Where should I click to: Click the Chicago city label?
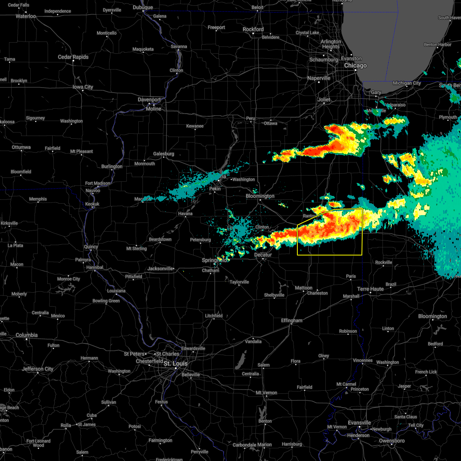[355, 66]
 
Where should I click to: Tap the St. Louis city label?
[176, 363]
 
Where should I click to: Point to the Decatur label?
[263, 255]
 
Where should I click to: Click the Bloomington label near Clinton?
[260, 196]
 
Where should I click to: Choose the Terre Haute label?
[370, 289]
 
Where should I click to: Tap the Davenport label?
[149, 99]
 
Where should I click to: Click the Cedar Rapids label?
[73, 57]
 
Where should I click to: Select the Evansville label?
[360, 423]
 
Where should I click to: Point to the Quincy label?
[91, 247]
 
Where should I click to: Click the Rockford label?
[253, 29]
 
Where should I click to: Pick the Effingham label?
[292, 320]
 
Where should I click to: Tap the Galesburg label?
[164, 154]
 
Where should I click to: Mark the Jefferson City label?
[38, 369]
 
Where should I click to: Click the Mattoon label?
[303, 288]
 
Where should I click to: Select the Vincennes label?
[363, 360]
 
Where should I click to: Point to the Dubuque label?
[143, 7]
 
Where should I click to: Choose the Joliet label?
[324, 99]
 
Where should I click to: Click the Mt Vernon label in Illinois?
[267, 393]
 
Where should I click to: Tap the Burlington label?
[112, 166]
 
